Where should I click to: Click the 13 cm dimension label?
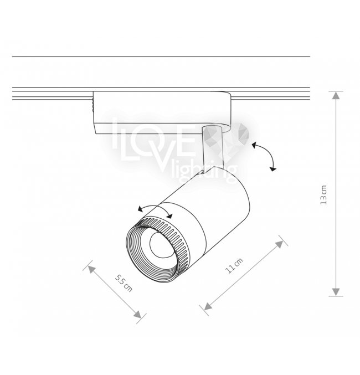coord(323,194)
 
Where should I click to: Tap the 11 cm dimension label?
coord(234,266)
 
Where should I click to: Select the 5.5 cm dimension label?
coord(124,284)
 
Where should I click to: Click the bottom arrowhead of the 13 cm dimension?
coord(336,292)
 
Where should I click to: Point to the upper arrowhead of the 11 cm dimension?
coord(279,244)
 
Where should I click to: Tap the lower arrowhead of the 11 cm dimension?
coord(208,306)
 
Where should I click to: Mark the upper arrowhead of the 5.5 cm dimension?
coord(91,270)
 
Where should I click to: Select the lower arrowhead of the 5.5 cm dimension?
coord(137,315)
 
